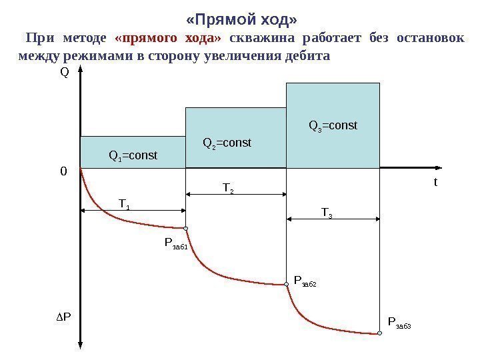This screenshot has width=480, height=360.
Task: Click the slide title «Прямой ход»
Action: click(x=240, y=15)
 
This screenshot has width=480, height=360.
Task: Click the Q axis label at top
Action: click(x=65, y=73)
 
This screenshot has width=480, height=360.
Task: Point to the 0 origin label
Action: click(x=64, y=171)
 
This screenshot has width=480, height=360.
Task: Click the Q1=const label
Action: click(x=133, y=156)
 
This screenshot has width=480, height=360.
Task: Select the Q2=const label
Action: click(x=227, y=143)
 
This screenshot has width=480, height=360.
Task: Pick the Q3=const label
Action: click(x=333, y=125)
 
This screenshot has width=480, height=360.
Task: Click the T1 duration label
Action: click(x=125, y=202)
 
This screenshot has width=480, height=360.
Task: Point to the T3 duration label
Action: click(x=327, y=213)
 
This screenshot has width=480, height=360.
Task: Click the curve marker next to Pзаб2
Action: click(x=287, y=283)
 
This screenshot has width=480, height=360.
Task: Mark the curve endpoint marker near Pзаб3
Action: click(x=379, y=333)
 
